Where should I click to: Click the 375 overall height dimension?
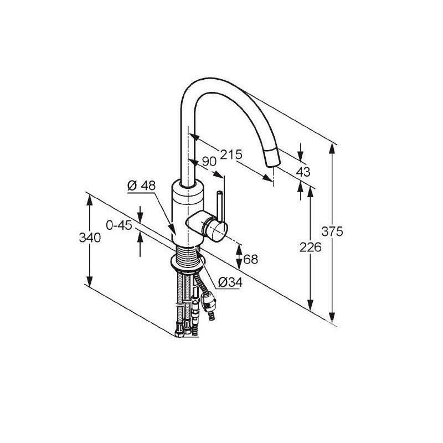(332, 231)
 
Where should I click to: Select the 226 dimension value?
(311, 247)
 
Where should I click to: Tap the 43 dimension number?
(303, 172)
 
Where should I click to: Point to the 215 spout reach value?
(231, 154)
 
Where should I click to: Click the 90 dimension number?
(209, 161)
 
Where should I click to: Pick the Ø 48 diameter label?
(142, 186)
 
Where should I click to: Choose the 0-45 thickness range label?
(119, 225)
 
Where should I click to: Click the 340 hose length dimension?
(90, 238)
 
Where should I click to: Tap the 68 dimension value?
(251, 259)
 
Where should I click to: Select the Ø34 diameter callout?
(230, 282)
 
